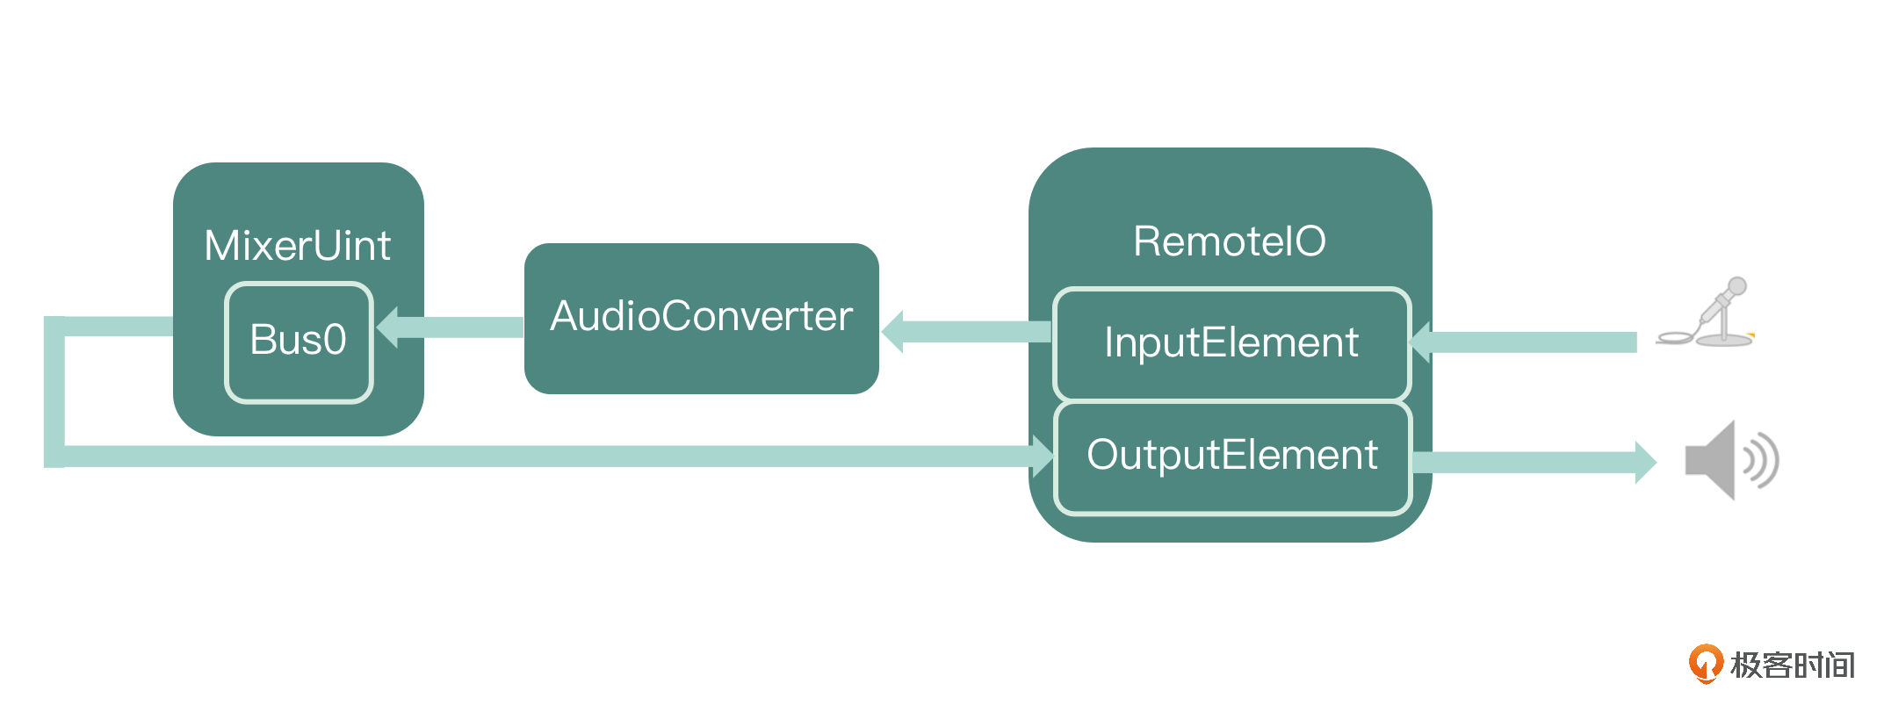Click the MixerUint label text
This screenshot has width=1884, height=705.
pos(298,246)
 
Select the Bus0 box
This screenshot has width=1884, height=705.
pos(299,342)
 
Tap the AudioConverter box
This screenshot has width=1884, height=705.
pos(701,318)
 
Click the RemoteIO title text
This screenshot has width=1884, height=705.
pos(1230,241)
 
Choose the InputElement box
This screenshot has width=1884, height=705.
pos(1231,343)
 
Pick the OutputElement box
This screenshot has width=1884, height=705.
pos(1231,456)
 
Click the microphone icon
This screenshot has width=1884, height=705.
pos(1708,315)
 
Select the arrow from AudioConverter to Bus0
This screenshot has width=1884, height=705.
pos(457,327)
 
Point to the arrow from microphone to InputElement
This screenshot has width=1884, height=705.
pos(1528,342)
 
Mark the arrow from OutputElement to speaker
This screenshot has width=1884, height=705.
pos(1528,462)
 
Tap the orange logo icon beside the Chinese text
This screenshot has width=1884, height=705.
pos(1705,664)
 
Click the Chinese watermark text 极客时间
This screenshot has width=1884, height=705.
pos(1792,665)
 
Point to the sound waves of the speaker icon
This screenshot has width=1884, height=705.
pos(1762,461)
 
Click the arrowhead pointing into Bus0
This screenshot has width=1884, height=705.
pos(388,327)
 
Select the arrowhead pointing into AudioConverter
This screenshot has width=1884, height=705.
pos(892,332)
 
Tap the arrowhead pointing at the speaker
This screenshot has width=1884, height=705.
pos(1644,462)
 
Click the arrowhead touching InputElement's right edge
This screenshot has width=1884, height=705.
pos(1421,342)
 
